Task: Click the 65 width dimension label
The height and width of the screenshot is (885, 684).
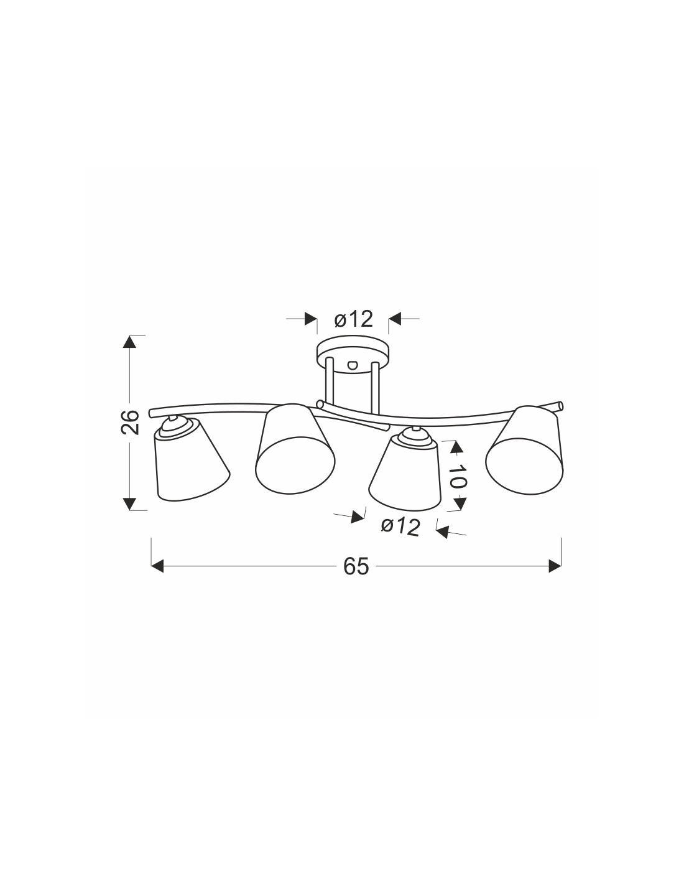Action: pos(356,566)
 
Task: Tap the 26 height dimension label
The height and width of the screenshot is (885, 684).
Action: pos(131,423)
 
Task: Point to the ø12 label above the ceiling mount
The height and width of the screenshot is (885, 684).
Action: pos(353,319)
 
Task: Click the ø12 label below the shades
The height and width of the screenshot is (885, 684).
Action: pos(400,527)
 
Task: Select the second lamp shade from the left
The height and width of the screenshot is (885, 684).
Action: pos(295,449)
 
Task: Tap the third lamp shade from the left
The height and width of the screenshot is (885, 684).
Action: pos(405,474)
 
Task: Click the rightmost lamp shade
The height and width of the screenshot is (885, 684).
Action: pos(525,450)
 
